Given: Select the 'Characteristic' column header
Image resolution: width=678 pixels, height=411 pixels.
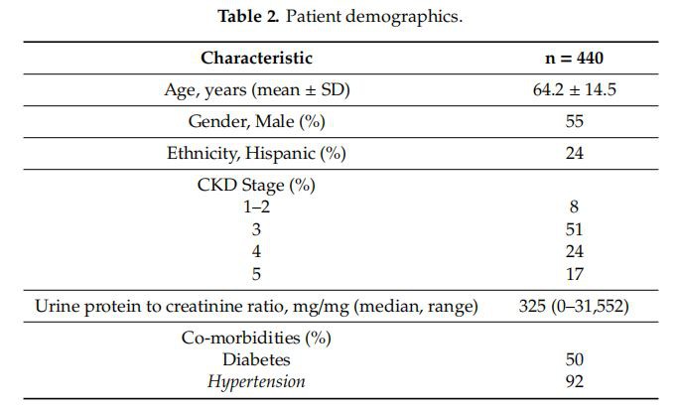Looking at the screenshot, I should tap(257, 59).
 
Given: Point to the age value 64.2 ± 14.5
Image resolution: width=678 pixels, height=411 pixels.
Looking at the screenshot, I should tap(575, 90).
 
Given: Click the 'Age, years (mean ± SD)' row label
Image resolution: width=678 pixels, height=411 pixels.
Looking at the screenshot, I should tap(257, 90).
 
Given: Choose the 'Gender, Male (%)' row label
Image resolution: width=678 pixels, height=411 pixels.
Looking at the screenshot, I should tap(257, 122).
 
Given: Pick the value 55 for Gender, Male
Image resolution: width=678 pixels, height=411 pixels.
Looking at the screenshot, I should tap(575, 122).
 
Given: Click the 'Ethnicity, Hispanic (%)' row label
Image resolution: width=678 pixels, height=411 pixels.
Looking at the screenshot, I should tap(257, 154).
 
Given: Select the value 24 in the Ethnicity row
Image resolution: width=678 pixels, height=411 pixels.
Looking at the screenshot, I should tap(575, 154).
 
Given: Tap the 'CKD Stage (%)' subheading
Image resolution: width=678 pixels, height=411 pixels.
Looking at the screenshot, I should tap(257, 185).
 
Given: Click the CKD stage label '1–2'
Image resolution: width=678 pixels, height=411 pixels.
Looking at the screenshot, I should tap(257, 207).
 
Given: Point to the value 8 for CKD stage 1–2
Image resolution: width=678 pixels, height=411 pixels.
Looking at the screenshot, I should tap(575, 207).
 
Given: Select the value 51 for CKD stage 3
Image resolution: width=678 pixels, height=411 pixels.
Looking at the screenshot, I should tap(575, 229).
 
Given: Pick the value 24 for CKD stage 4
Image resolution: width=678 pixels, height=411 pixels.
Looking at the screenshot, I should tap(575, 252).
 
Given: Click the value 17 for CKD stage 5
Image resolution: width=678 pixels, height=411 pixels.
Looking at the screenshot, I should tap(575, 275).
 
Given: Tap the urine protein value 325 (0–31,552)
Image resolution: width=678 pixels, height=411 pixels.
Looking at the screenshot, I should tap(575, 307).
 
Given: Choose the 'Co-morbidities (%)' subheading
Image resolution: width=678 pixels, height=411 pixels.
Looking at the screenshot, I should tap(257, 338).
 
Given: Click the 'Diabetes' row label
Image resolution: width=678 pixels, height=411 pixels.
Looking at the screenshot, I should tap(257, 359).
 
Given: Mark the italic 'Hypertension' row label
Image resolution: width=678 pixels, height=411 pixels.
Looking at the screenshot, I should tap(257, 382).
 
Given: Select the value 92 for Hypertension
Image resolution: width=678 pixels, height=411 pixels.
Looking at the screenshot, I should tap(575, 382).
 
